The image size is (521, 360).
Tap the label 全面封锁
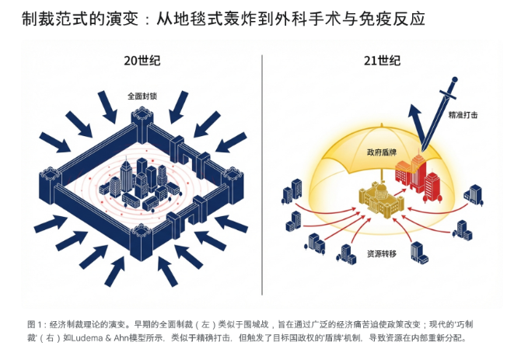[142, 96]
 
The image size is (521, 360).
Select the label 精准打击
[463, 114]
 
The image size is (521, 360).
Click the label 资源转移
[382, 253]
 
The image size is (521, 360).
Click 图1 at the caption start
[35, 323]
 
